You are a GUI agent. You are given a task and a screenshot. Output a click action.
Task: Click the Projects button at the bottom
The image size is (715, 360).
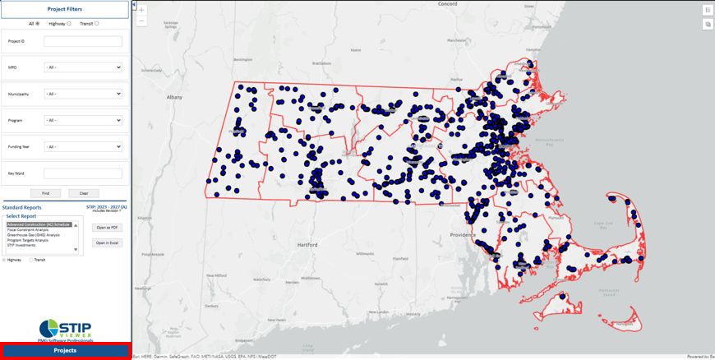pyautogui.click(x=65, y=350)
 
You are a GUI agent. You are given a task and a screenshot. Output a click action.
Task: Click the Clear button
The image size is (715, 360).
pyautogui.click(x=84, y=193)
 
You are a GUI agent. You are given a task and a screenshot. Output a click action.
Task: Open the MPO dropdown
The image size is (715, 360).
pyautogui.click(x=83, y=67)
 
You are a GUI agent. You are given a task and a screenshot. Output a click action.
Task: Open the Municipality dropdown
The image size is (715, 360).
pyautogui.click(x=83, y=94)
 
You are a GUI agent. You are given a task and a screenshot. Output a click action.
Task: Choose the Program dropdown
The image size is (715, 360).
pyautogui.click(x=83, y=120)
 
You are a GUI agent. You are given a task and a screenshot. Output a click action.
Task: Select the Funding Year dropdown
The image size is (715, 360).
pyautogui.click(x=83, y=146)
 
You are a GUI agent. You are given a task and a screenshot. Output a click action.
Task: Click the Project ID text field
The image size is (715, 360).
pyautogui.click(x=83, y=41)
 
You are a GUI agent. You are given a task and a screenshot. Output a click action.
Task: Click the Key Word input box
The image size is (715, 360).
pyautogui.click(x=83, y=173)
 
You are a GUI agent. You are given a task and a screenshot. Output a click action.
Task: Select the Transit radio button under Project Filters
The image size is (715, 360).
pyautogui.click(x=97, y=24)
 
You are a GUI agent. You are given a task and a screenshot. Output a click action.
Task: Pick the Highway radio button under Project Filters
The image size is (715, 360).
pyautogui.click(x=69, y=24)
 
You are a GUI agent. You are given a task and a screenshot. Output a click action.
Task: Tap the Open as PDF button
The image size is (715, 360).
pyautogui.click(x=107, y=228)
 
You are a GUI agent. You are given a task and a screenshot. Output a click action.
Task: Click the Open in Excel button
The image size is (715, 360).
pyautogui.click(x=107, y=243)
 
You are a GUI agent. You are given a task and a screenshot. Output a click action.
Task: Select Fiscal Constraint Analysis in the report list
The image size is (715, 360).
pyautogui.click(x=34, y=229)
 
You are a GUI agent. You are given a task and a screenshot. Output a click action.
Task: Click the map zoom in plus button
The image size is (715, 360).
pyautogui.click(x=141, y=10)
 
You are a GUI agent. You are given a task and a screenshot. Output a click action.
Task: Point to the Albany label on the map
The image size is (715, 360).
pyautogui.click(x=174, y=97)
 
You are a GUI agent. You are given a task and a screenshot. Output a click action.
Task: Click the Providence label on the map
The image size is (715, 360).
pyautogui.click(x=462, y=235)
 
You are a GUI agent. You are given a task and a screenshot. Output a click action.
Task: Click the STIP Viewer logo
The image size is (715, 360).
pyautogui.click(x=65, y=330)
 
